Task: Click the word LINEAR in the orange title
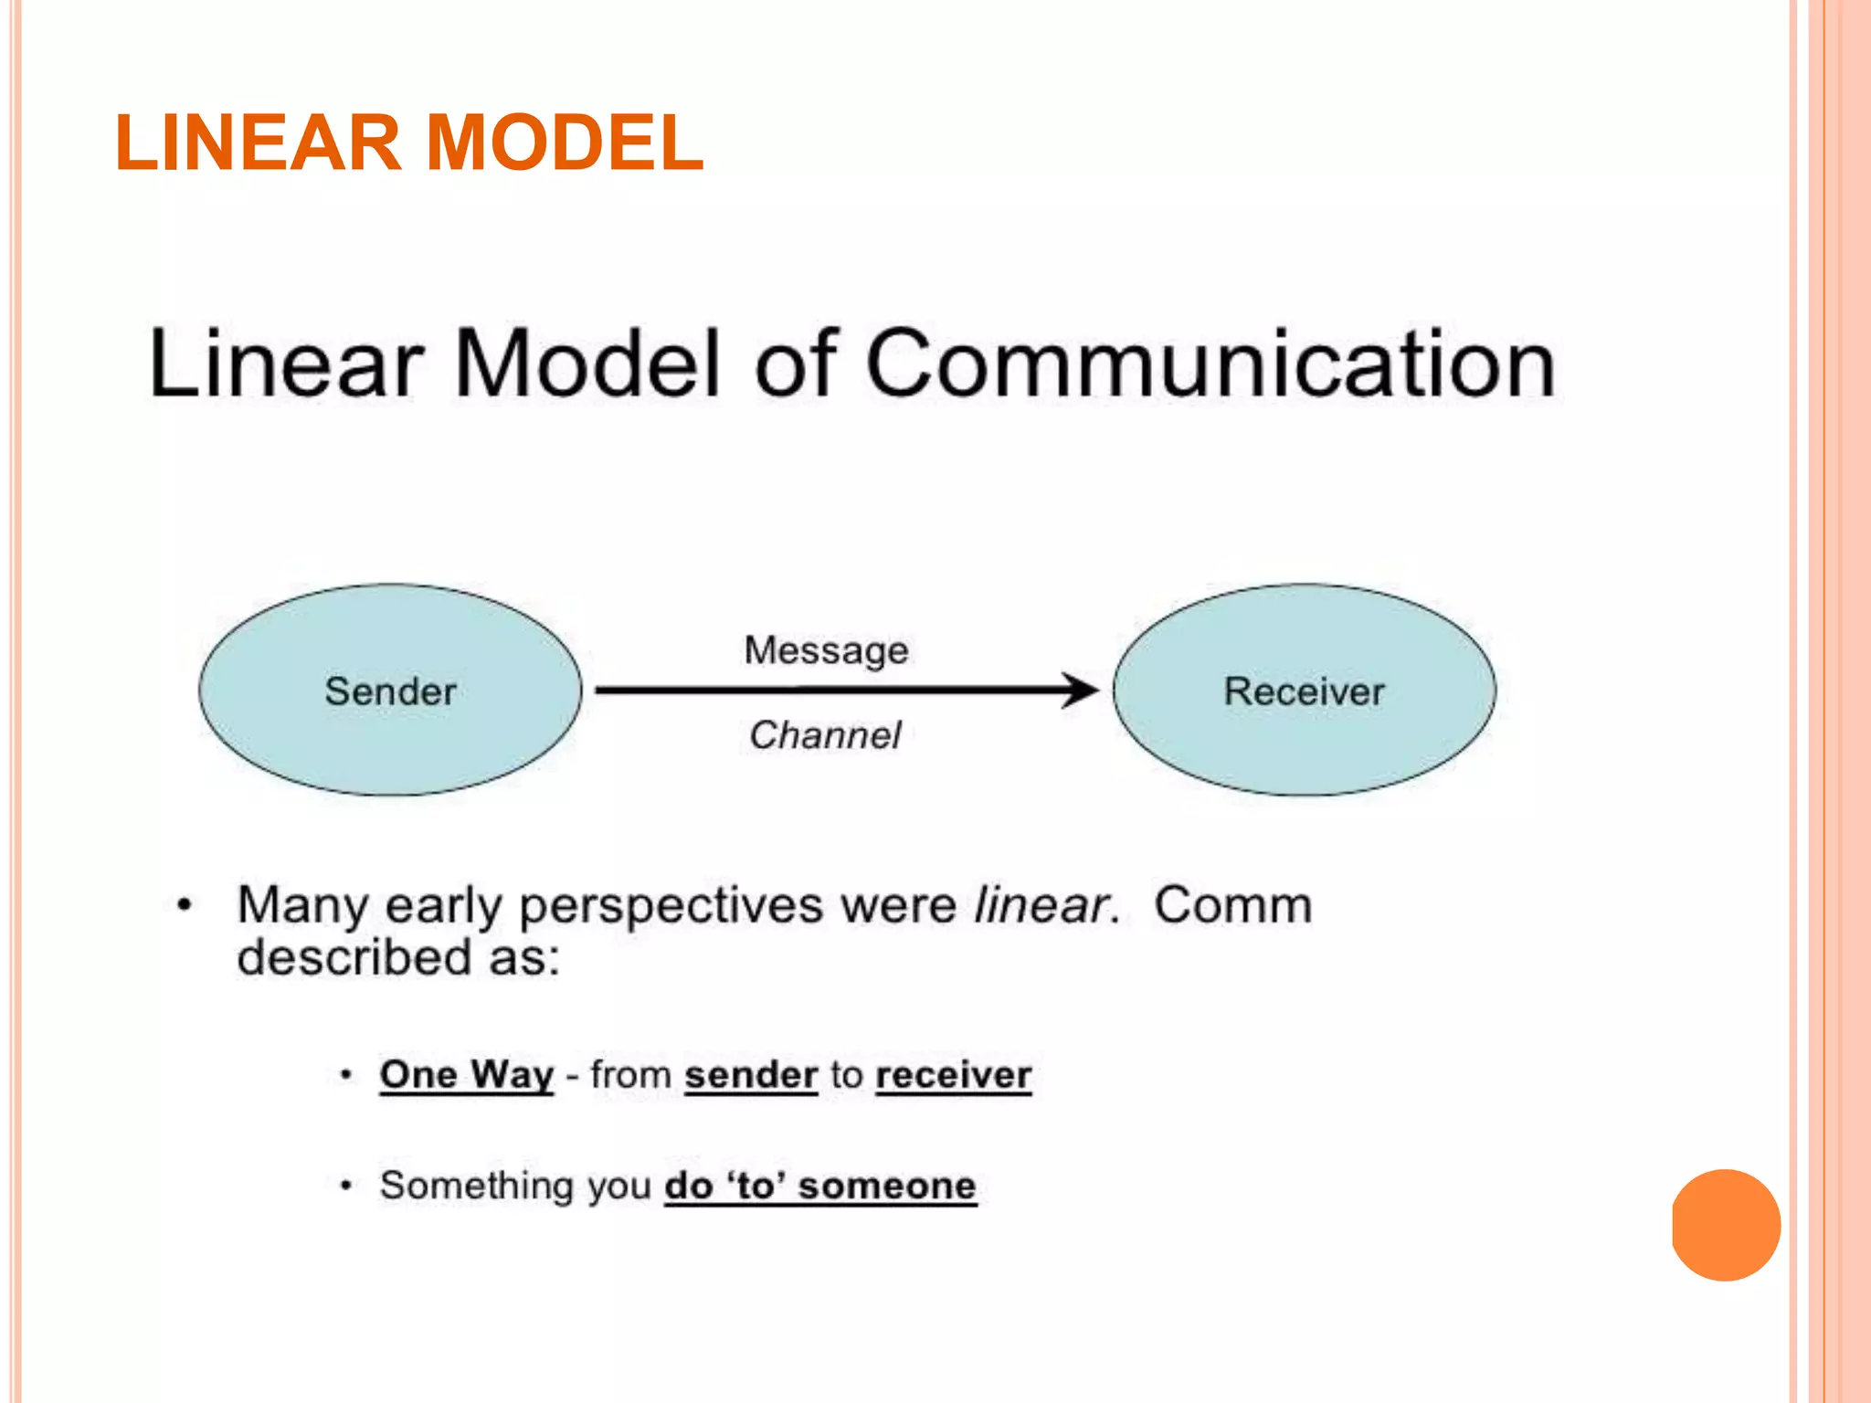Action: (x=259, y=143)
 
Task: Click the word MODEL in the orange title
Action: (x=565, y=143)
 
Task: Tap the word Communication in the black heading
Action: (x=1210, y=365)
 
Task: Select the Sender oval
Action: (x=390, y=691)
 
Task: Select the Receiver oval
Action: (x=1304, y=691)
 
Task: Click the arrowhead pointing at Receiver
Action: (x=1083, y=690)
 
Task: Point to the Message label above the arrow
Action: (x=826, y=650)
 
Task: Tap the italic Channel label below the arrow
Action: (x=825, y=735)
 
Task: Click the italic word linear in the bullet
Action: (x=1041, y=906)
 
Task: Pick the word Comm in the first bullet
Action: (x=1232, y=906)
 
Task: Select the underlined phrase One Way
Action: (x=467, y=1074)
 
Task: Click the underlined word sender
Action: (x=751, y=1075)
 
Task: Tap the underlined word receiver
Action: (x=954, y=1075)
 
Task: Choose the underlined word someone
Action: (x=887, y=1186)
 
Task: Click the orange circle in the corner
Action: (x=1726, y=1225)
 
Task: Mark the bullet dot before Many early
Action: (x=185, y=905)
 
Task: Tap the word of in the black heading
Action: (x=796, y=365)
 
